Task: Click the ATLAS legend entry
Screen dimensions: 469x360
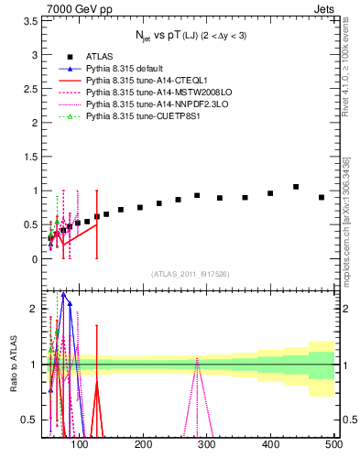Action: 99,57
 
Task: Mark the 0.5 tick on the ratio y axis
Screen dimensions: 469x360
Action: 31,420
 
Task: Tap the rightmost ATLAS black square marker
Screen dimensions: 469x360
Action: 322,197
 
